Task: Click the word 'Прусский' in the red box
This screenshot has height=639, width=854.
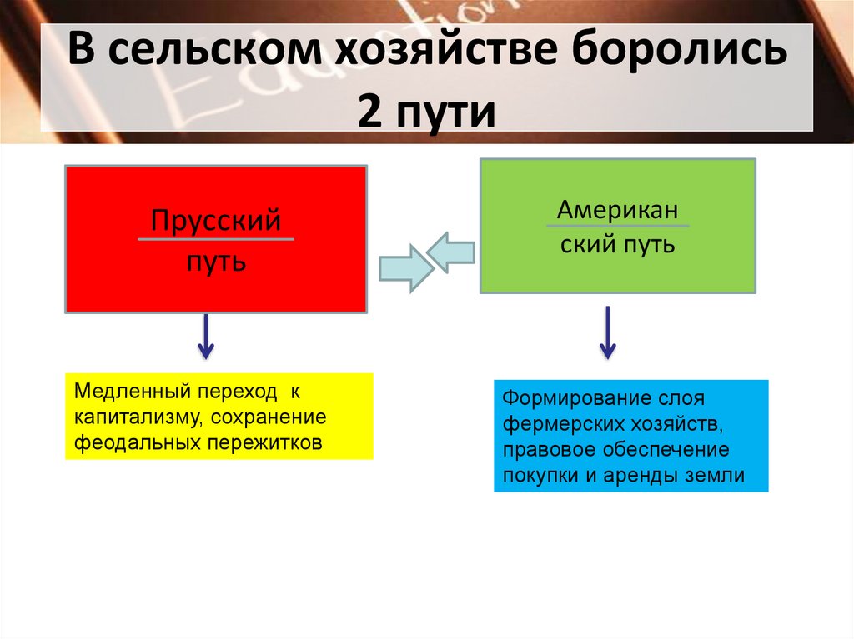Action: click(x=215, y=222)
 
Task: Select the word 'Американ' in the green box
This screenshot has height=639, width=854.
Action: click(x=617, y=210)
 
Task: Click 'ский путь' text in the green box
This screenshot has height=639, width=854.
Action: click(x=617, y=245)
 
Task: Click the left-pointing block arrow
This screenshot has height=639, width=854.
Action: click(x=451, y=251)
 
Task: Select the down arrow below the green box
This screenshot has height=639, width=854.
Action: click(x=608, y=332)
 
